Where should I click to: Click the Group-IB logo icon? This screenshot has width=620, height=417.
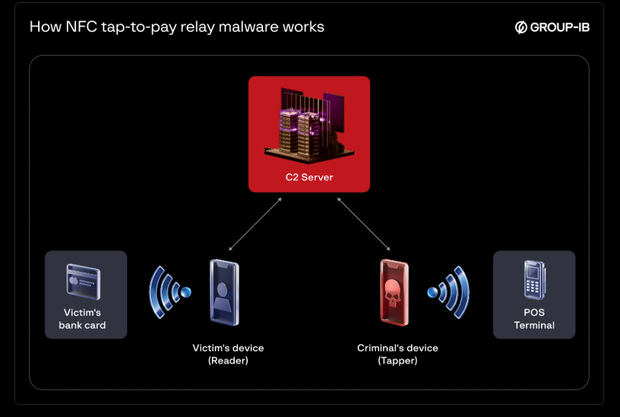(522, 27)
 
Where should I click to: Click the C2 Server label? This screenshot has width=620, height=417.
(309, 177)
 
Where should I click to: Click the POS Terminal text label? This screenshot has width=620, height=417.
(534, 319)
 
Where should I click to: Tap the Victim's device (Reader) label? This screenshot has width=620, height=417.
(228, 354)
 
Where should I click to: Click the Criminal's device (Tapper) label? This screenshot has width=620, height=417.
(397, 354)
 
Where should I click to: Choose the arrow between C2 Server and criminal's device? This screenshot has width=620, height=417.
(364, 224)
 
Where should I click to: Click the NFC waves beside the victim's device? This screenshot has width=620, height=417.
(170, 292)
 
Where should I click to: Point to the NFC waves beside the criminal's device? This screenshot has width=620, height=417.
(449, 292)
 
